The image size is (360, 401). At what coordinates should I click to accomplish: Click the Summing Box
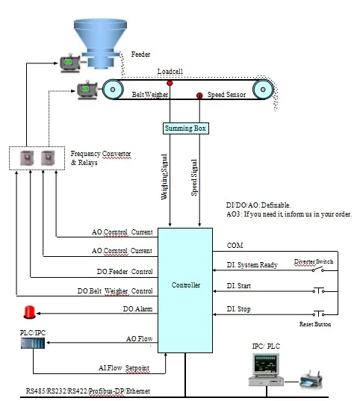click(x=186, y=128)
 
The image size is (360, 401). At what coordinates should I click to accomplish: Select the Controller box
click(x=186, y=285)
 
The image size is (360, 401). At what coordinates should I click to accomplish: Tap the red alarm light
click(x=30, y=311)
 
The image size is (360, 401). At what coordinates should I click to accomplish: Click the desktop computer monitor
click(x=265, y=366)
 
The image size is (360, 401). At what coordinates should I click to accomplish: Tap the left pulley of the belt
click(x=113, y=90)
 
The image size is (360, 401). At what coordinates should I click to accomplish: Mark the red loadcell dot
click(x=170, y=83)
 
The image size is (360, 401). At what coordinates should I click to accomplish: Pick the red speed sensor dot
click(x=199, y=96)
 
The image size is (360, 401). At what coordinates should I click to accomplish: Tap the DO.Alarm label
click(x=137, y=308)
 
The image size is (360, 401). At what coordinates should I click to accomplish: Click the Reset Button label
click(x=315, y=324)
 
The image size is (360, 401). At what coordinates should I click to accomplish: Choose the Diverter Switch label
click(x=314, y=261)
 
